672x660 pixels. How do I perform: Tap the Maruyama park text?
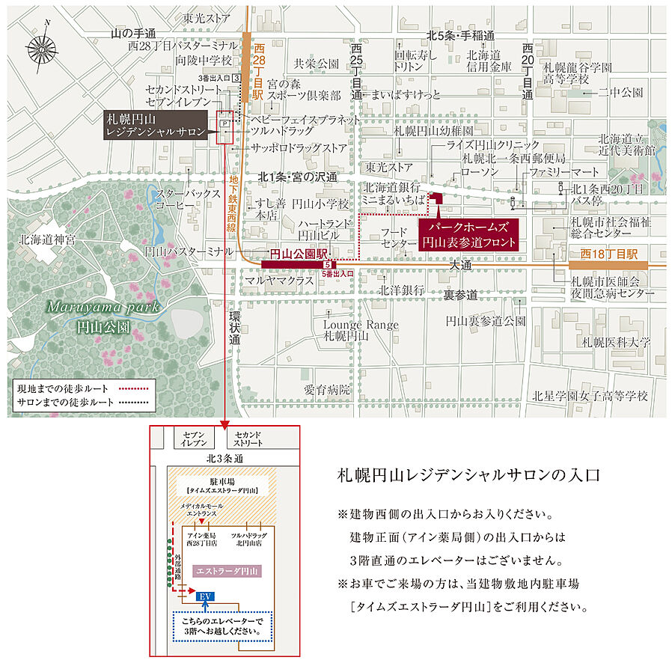(86, 307)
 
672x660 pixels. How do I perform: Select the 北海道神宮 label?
(49, 240)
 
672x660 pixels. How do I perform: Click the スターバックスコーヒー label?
(180, 200)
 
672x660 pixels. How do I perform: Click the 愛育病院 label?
(326, 389)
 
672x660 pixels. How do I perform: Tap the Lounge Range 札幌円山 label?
(350, 331)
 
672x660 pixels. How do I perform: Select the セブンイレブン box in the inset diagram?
(189, 439)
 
